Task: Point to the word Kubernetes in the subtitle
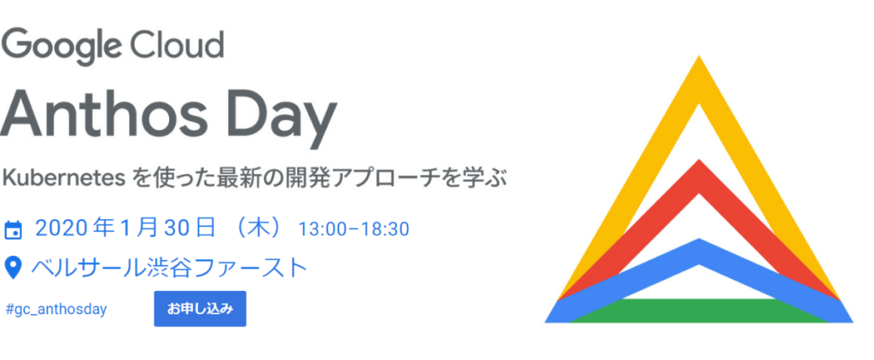pos(65,179)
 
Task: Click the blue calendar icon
pos(14,229)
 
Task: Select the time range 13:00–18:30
pos(353,229)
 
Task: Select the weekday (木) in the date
pos(255,229)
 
